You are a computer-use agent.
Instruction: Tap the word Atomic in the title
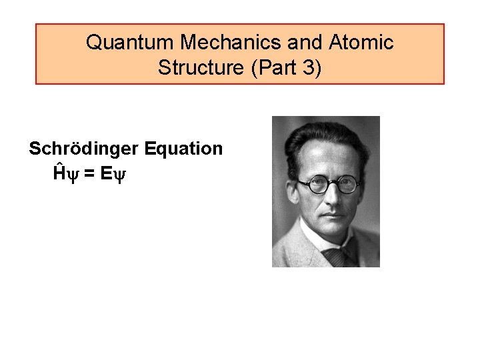361,43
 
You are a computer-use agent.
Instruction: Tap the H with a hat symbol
60,173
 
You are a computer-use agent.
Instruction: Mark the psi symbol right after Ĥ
73,175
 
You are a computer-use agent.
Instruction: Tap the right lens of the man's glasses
347,185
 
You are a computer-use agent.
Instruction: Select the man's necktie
333,256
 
